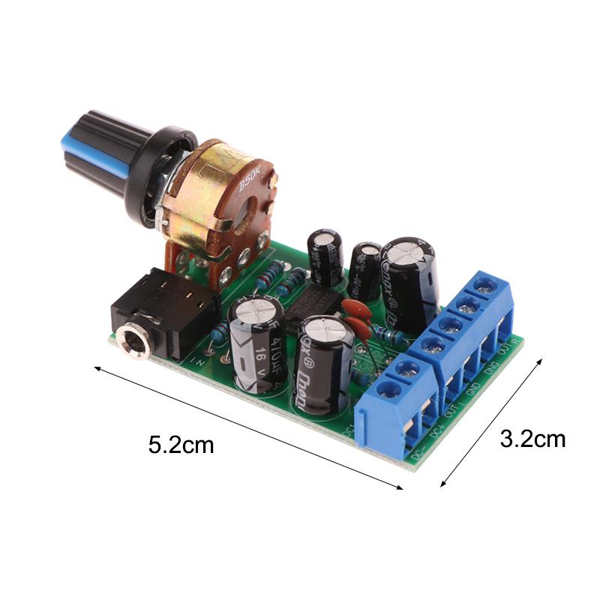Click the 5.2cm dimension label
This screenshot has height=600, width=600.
181,445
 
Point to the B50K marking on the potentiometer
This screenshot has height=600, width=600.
250,181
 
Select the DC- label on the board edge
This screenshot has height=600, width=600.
418,454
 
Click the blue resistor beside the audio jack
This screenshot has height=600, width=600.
218,331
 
